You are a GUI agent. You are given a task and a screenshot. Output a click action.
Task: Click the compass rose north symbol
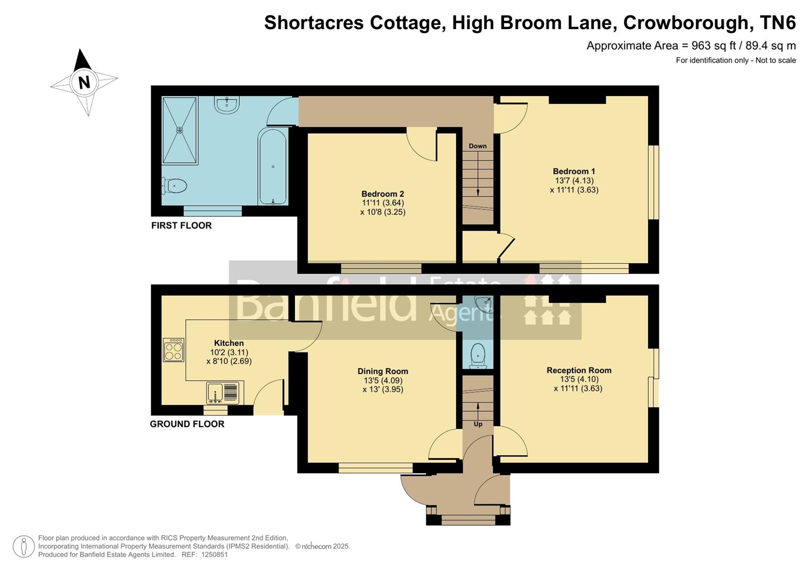(84, 82)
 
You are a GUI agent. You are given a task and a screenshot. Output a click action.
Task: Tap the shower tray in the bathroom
(179, 130)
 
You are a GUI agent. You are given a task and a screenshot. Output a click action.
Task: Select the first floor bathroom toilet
(175, 186)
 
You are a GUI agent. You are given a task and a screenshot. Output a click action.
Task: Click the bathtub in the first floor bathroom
(273, 167)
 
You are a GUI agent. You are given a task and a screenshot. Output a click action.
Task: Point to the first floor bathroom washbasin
(227, 103)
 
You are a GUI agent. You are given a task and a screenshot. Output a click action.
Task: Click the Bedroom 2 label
(382, 194)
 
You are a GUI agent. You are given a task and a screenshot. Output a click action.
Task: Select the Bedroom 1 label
(573, 171)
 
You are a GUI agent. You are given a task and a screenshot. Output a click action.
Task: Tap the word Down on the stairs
(477, 146)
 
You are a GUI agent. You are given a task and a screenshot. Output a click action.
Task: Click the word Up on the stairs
(478, 424)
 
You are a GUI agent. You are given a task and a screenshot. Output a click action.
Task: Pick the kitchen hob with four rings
(173, 350)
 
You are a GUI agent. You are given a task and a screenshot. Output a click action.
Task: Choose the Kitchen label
(229, 343)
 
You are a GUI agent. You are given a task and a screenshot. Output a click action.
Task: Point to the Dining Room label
(382, 371)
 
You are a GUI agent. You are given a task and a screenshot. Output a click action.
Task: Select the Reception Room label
(579, 370)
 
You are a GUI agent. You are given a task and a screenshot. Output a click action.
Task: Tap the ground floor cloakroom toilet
(478, 354)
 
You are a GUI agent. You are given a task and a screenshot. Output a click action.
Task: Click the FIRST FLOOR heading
(181, 225)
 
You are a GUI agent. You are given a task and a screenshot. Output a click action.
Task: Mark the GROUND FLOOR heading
(187, 424)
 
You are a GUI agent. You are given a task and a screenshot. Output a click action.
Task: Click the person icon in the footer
(23, 546)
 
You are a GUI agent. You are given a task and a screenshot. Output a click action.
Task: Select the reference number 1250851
(212, 554)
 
